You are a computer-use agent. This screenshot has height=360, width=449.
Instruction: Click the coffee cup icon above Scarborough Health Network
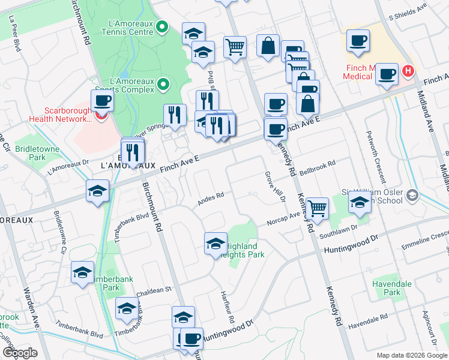[102, 100]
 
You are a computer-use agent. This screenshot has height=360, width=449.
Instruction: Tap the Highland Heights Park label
[243, 250]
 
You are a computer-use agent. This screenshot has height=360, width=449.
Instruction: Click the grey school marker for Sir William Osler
[412, 195]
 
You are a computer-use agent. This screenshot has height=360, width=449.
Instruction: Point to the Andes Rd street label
[211, 199]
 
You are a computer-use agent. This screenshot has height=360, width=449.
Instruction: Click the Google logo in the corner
[19, 353]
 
